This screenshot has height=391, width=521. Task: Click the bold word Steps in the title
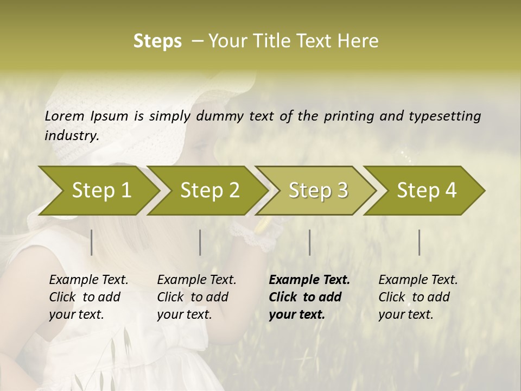tap(157, 41)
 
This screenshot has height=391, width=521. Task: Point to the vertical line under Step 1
tap(92, 242)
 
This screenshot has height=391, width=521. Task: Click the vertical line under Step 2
tap(200, 242)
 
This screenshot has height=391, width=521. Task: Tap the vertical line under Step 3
tap(310, 242)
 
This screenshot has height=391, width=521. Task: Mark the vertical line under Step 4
tap(420, 242)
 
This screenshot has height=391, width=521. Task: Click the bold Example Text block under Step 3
tap(309, 297)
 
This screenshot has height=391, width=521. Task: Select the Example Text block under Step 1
tap(88, 297)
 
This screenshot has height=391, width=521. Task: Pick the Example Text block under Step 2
tap(196, 297)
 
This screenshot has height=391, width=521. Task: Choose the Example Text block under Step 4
tap(418, 297)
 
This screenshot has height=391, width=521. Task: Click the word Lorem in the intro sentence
tap(64, 116)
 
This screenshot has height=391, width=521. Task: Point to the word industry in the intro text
tap(72, 136)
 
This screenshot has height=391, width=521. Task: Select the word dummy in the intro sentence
tap(220, 116)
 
